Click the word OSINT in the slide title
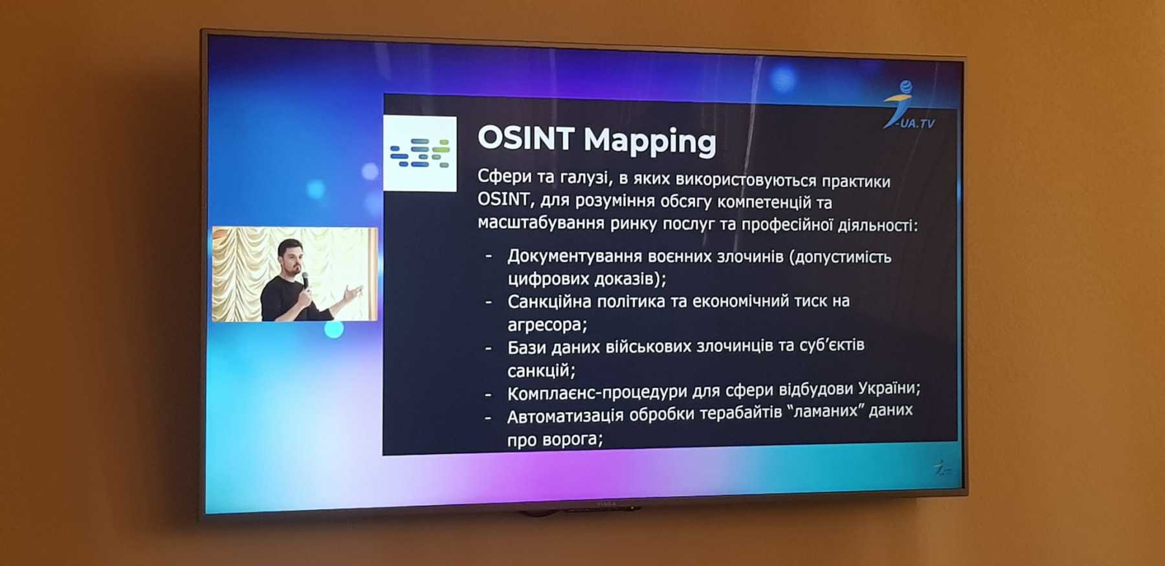(526, 138)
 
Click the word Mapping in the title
(650, 141)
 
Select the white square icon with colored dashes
(420, 153)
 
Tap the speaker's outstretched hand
(353, 293)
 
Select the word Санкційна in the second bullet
(549, 301)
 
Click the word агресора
(547, 325)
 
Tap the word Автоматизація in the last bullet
(566, 417)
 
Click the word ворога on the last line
(572, 440)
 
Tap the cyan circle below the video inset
(334, 329)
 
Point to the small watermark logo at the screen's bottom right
(942, 468)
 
